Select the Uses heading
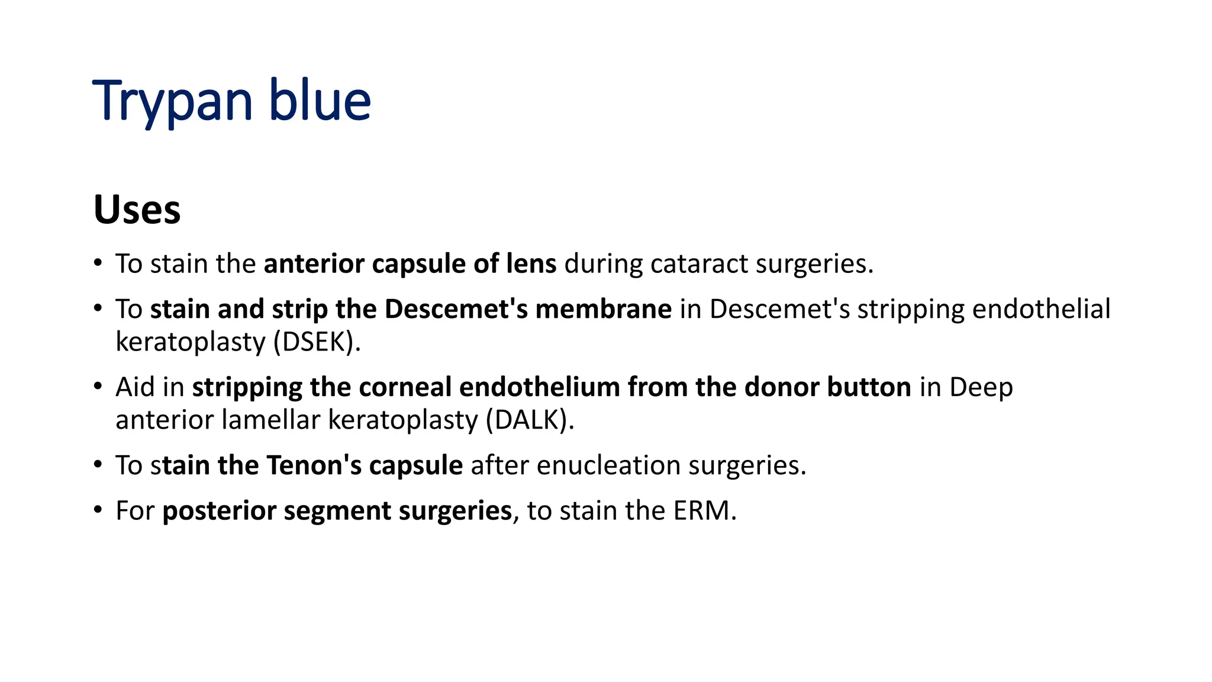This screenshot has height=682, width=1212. (137, 210)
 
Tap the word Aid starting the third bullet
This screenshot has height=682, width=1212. (135, 387)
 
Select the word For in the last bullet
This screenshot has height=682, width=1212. (135, 510)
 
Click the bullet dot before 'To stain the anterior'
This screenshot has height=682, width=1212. (98, 263)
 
